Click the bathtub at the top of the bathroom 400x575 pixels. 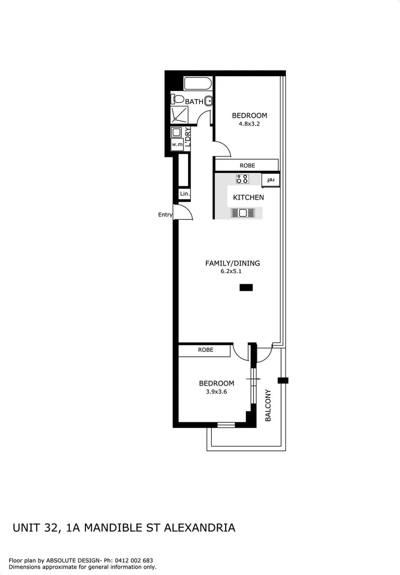pos(198,84)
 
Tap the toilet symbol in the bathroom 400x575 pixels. pos(178,99)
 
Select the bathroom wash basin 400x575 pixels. pos(210,101)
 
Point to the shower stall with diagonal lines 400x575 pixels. pos(180,115)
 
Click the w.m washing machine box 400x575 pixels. pos(177,144)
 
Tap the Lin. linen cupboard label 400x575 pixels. pos(185,194)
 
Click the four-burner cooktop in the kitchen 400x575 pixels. pos(242,179)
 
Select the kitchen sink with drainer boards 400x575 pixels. pos(243,213)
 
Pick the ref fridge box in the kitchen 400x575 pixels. pos(271,180)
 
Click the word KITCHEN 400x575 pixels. pos(248,198)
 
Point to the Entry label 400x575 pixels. pos(165,215)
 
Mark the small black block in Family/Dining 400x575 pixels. pos(246,287)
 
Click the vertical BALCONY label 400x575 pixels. pos(268,406)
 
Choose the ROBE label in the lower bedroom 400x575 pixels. pos(205,350)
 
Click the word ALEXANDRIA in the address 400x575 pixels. pos(199,528)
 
